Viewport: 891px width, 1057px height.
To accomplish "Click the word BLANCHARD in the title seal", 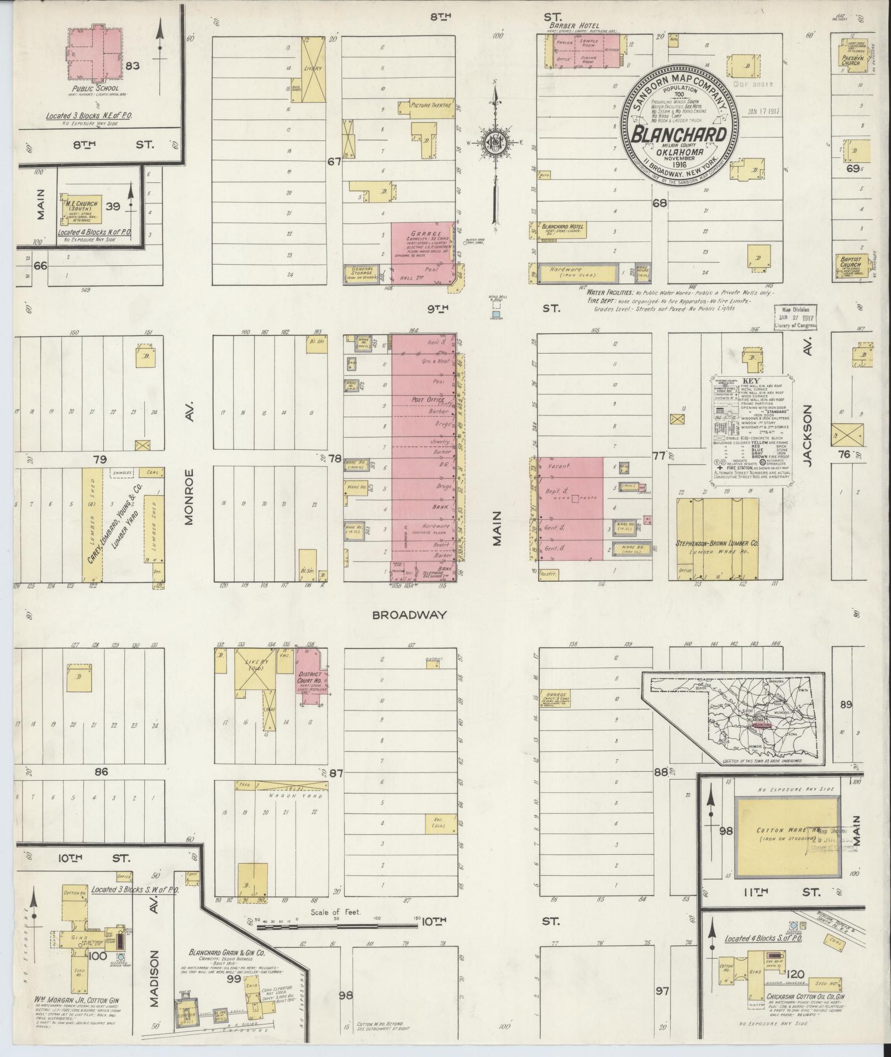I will point(679,134).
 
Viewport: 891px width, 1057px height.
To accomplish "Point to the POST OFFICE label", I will point(428,399).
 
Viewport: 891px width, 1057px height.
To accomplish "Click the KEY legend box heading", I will point(751,381).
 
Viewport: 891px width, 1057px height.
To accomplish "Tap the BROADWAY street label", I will point(409,614).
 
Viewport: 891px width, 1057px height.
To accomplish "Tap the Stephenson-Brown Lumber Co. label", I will point(718,544).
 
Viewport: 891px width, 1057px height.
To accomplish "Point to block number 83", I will point(132,66).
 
